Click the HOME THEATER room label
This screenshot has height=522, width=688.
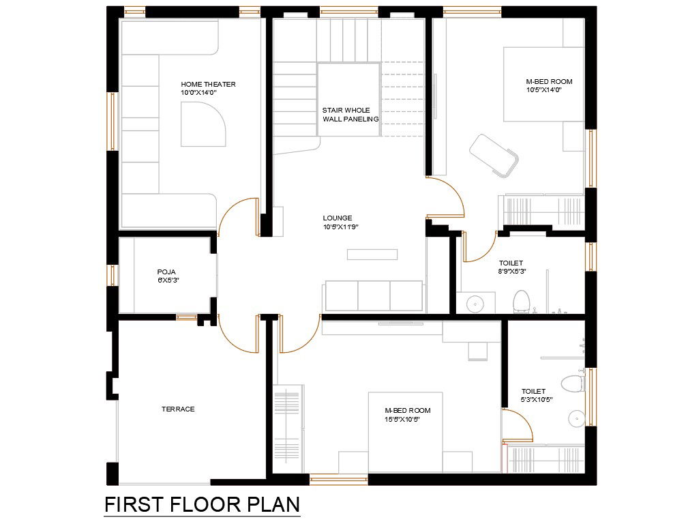coord(208,84)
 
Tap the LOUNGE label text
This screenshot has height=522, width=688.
coord(338,218)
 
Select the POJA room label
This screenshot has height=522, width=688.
coord(166,272)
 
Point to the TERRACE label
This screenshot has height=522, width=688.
coord(178,409)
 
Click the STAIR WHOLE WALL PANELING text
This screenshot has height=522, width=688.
coord(350,115)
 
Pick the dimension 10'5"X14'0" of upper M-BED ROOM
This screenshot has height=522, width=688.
coord(544,90)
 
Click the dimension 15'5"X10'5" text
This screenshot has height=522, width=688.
coord(403,419)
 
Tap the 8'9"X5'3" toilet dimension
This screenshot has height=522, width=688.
coord(512,272)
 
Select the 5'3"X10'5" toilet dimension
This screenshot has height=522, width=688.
coord(537,399)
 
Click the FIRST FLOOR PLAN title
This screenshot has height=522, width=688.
coord(203,505)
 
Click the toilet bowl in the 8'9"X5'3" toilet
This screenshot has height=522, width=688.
coord(522,301)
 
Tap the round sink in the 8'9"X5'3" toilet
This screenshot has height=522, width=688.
coord(475,303)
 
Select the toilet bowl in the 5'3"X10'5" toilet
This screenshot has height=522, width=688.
coord(573,384)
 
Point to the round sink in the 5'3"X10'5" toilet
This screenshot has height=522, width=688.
coord(577,419)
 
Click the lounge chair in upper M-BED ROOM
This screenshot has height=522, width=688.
coord(494,156)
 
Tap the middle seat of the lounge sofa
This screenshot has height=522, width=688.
coord(374,295)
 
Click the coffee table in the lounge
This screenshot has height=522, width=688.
coord(372,255)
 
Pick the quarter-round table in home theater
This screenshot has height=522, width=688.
coord(203,124)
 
